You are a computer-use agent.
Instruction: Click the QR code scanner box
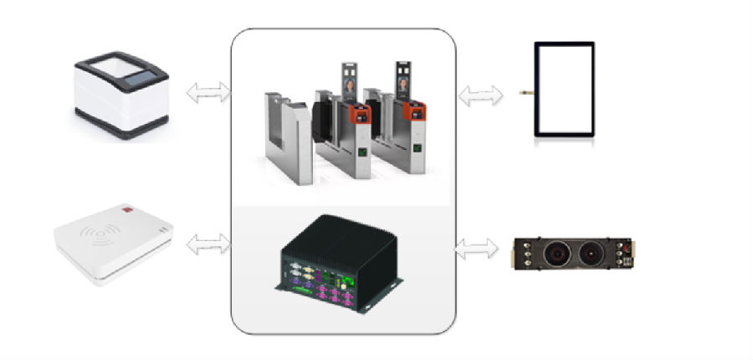click(x=121, y=96)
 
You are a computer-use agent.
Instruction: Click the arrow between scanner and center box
click(x=207, y=92)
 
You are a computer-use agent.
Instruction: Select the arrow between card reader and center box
click(x=207, y=245)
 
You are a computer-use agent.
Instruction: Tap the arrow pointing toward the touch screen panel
click(x=480, y=95)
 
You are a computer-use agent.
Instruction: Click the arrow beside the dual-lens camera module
click(x=480, y=248)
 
